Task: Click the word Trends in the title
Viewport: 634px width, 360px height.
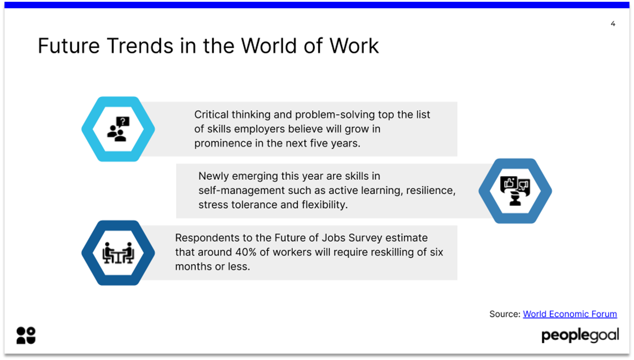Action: pos(140,46)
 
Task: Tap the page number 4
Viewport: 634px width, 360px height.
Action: pos(613,24)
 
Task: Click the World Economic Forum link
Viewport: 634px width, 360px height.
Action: pos(570,314)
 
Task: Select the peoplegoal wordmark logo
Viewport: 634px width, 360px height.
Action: pos(580,335)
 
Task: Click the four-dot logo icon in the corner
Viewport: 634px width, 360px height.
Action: pos(26,335)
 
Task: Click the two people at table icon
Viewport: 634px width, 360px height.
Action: pos(118,253)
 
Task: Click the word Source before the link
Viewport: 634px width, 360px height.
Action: pos(504,314)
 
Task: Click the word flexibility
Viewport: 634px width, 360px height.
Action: pos(324,205)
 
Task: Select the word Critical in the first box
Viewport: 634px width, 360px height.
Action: pos(211,114)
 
